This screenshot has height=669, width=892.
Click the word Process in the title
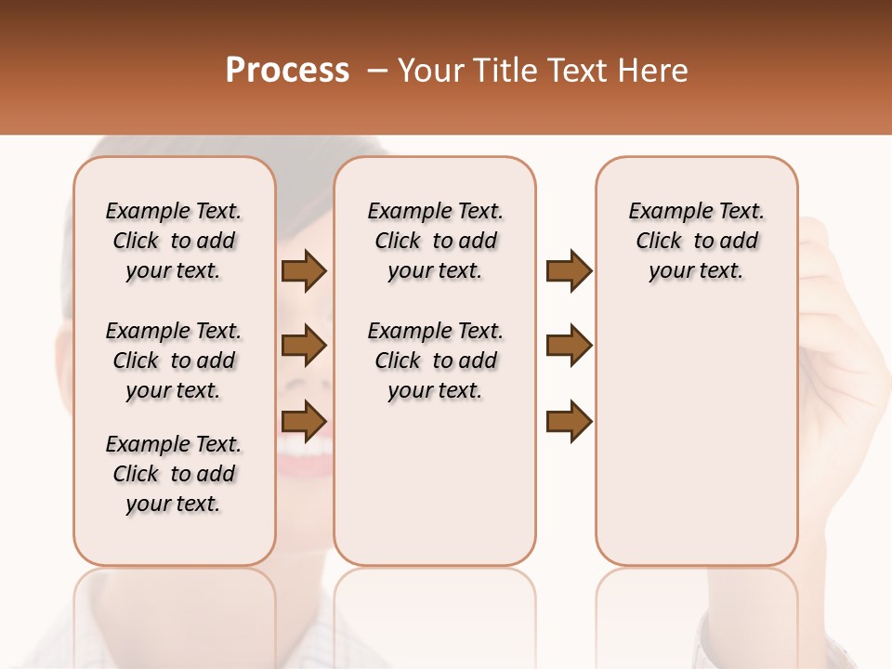tap(287, 71)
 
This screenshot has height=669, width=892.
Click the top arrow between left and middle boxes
tap(304, 271)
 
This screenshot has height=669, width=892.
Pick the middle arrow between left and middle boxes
tap(304, 346)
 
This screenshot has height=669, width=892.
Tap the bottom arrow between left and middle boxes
tap(304, 420)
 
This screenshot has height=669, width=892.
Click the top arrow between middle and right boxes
tap(569, 271)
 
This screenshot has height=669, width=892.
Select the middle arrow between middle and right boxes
tap(569, 346)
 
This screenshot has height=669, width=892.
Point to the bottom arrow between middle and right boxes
tap(569, 420)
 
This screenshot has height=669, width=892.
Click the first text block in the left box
tap(174, 241)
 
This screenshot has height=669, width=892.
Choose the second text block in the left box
tap(174, 361)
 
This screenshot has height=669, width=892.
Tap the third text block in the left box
tap(174, 474)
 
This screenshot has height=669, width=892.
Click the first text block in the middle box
tap(436, 241)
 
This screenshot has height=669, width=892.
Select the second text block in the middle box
tap(436, 361)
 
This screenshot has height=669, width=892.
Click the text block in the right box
tap(697, 241)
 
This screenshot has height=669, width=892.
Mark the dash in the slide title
tap(377, 71)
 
